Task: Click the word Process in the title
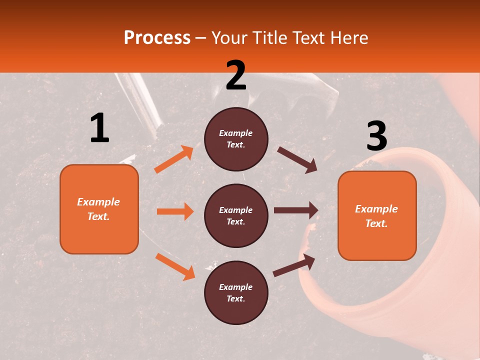point(157,38)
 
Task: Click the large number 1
point(99,128)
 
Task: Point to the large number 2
point(236,75)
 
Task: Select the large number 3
point(376,136)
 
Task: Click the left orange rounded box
point(99,209)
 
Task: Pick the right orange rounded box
point(377,215)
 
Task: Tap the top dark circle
point(236,139)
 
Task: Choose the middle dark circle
point(236,215)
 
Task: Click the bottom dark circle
point(236,292)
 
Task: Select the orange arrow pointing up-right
point(173,159)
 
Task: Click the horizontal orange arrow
point(175,211)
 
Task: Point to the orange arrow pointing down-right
point(175,266)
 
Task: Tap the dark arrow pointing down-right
point(297,159)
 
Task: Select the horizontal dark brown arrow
point(296,210)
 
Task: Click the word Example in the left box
point(98,202)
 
